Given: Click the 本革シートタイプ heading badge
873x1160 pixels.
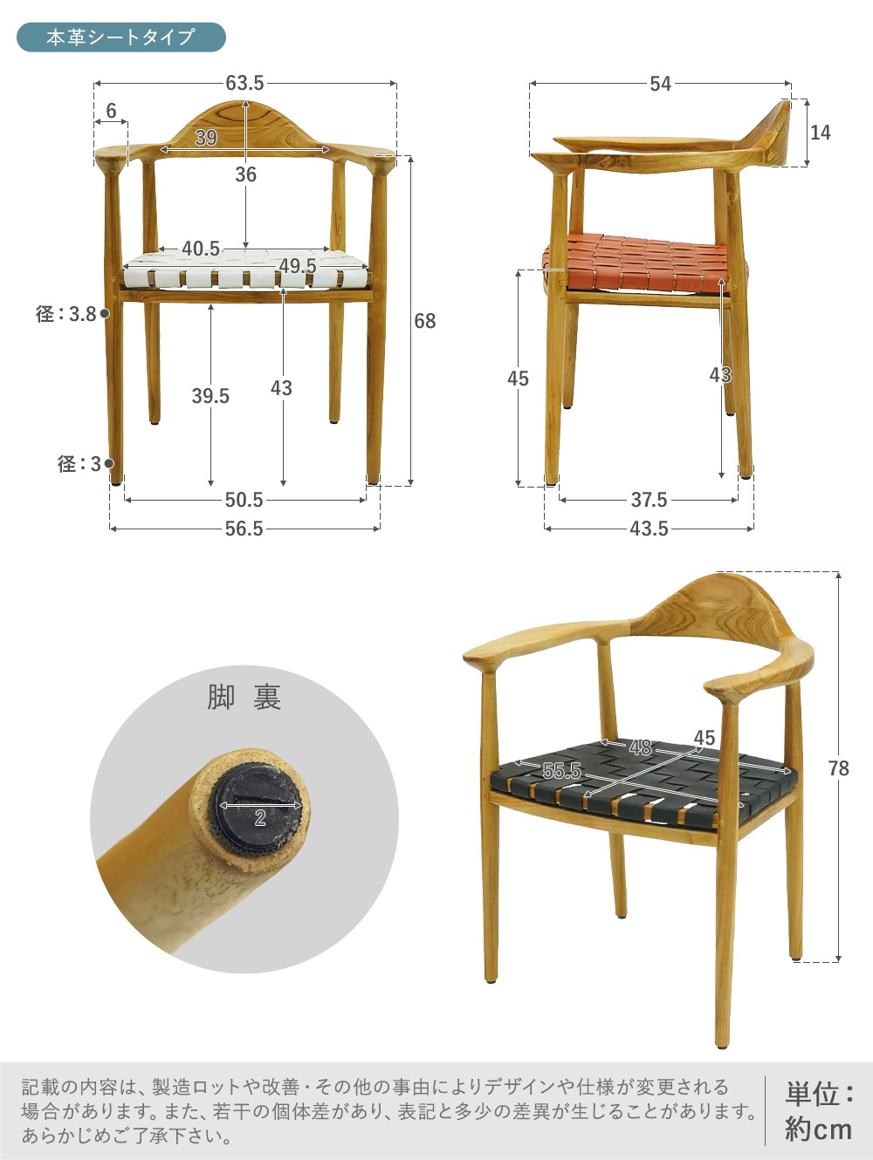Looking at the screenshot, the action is click(121, 37).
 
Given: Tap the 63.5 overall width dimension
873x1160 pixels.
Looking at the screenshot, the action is click(244, 83).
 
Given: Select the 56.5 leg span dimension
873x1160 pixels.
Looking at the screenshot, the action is click(244, 529).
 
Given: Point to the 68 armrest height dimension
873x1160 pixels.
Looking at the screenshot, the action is click(424, 321).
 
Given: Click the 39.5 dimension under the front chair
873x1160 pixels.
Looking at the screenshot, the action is click(210, 396).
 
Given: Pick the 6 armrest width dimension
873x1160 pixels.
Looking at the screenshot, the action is click(111, 111).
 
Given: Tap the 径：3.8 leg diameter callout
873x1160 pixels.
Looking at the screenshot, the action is click(66, 314).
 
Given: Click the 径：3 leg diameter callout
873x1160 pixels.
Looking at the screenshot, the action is click(79, 463).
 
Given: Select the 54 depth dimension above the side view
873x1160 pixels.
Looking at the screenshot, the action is click(661, 84).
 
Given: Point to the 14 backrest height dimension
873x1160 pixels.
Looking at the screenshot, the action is click(820, 132).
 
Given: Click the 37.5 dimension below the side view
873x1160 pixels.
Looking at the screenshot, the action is click(649, 500).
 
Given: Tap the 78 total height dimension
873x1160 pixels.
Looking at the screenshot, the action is click(839, 768).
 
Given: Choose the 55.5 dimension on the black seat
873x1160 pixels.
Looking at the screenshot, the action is click(562, 771).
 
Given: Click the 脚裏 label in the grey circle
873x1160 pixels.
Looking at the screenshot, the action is click(244, 697).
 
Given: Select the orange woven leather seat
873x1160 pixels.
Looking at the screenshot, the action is click(645, 263).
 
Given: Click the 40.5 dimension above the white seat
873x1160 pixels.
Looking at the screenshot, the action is click(201, 249).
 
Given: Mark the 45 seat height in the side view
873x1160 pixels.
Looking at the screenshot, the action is click(518, 379).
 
